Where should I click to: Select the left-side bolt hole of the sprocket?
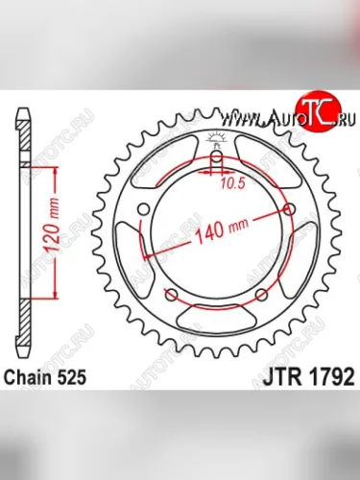click(144, 210)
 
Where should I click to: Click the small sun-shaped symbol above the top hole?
click(217, 138)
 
